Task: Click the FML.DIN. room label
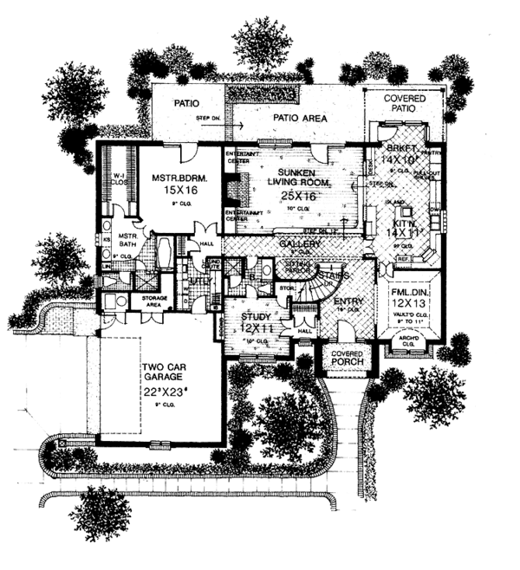406,292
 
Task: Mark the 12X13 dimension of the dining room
406,305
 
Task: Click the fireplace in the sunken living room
231,189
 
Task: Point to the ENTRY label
348,301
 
